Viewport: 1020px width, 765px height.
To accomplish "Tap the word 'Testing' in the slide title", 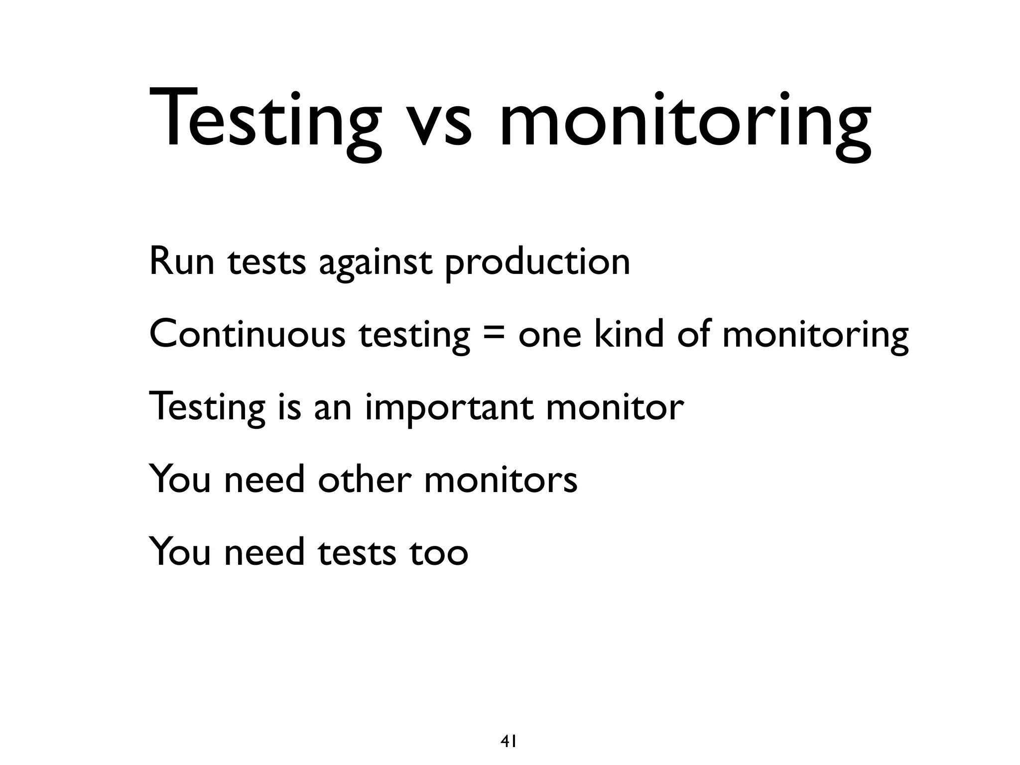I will pyautogui.click(x=264, y=123).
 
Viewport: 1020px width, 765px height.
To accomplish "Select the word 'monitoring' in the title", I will pyautogui.click(x=685, y=123).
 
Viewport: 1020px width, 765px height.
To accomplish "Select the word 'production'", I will pyautogui.click(x=537, y=263).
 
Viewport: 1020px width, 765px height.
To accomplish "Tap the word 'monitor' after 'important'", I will pyautogui.click(x=615, y=407).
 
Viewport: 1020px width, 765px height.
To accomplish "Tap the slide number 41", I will pyautogui.click(x=508, y=728).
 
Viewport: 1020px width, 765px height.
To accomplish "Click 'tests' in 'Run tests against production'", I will pyautogui.click(x=267, y=262).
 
